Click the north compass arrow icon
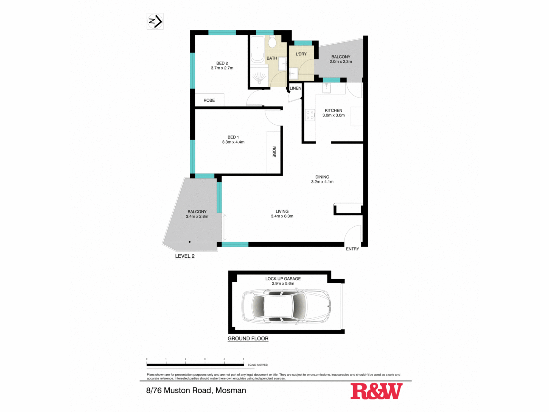(155, 21)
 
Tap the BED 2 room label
(222, 63)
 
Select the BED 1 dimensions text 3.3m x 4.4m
(233, 142)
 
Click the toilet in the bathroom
(272, 42)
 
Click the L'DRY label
(301, 54)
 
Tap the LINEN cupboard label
(295, 88)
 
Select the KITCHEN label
(333, 110)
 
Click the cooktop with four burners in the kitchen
(310, 115)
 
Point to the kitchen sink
(327, 88)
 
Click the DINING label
(322, 177)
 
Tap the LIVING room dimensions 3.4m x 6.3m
(282, 216)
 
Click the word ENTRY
(352, 249)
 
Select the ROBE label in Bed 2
(209, 101)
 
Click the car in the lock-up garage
(286, 306)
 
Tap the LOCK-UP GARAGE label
(283, 279)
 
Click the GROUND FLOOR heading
(248, 339)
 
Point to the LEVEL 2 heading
(185, 256)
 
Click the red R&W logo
(376, 391)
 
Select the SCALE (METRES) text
(258, 365)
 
